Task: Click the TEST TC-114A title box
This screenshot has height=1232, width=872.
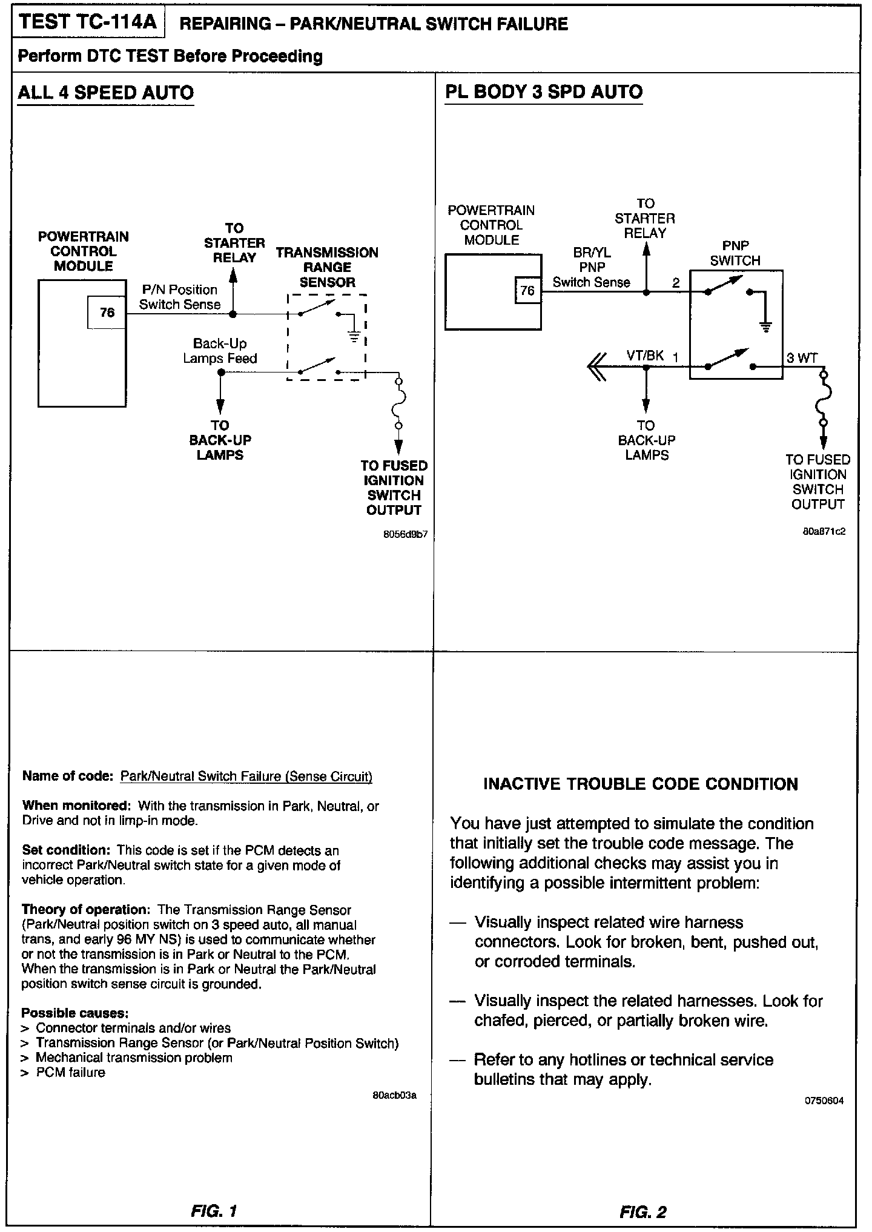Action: (88, 22)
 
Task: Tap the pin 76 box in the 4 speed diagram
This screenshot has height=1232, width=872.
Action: (107, 313)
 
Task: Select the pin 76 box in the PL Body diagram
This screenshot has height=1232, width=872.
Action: (527, 291)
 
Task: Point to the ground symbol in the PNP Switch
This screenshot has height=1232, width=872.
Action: (765, 327)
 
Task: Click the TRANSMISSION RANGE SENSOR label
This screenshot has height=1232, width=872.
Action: (327, 267)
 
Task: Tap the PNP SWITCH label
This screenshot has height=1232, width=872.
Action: (735, 253)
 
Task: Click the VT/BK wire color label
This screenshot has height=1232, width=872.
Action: (645, 356)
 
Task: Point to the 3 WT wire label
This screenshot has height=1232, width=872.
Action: (802, 358)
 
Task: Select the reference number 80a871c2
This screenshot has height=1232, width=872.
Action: (824, 532)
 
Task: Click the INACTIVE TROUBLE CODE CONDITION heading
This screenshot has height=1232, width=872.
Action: (641, 784)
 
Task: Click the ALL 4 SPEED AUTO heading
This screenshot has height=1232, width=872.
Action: (106, 93)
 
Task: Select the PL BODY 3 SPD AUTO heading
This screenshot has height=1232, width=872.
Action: (544, 92)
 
